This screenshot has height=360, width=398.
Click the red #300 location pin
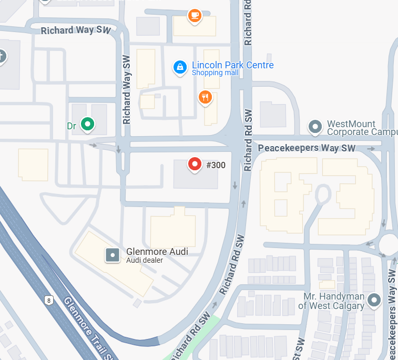pyautogui.click(x=195, y=164)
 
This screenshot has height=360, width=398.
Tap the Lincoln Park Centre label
pyautogui.click(x=232, y=65)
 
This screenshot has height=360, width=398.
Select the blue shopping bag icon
pyautogui.click(x=180, y=67)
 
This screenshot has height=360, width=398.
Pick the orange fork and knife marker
pyautogui.click(x=205, y=97)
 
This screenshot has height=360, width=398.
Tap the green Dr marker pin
pyautogui.click(x=88, y=124)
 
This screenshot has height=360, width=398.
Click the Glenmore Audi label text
pyautogui.click(x=157, y=252)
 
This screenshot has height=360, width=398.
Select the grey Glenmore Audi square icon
pyautogui.click(x=113, y=255)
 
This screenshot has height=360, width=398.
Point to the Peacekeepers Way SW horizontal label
pyautogui.click(x=307, y=148)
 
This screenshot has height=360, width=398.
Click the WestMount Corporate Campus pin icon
pyautogui.click(x=315, y=127)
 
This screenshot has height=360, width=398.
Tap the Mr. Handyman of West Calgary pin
pyautogui.click(x=374, y=300)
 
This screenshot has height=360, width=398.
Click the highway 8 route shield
pyautogui.click(x=49, y=300)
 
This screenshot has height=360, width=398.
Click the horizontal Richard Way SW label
pyautogui.click(x=75, y=30)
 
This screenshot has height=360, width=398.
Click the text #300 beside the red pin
pyautogui.click(x=216, y=165)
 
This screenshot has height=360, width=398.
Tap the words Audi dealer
pyautogui.click(x=145, y=260)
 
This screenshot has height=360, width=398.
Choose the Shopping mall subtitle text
pyautogui.click(x=215, y=73)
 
